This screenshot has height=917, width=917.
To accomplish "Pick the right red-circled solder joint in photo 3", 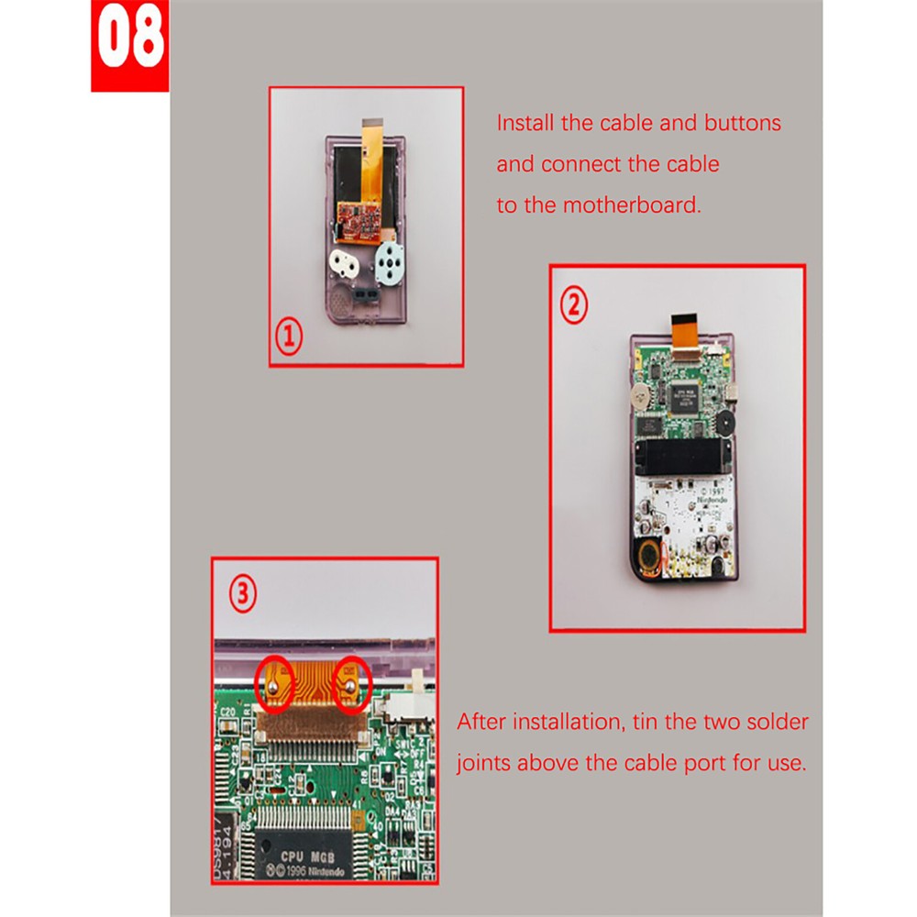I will pyautogui.click(x=352, y=682).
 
